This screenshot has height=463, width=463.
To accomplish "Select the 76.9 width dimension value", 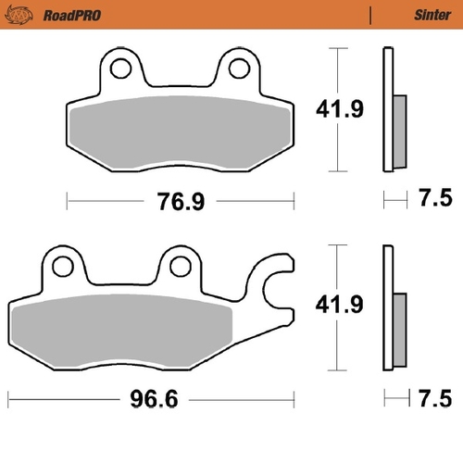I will (x=180, y=201).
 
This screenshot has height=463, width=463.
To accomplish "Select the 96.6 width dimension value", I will (x=152, y=401).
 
